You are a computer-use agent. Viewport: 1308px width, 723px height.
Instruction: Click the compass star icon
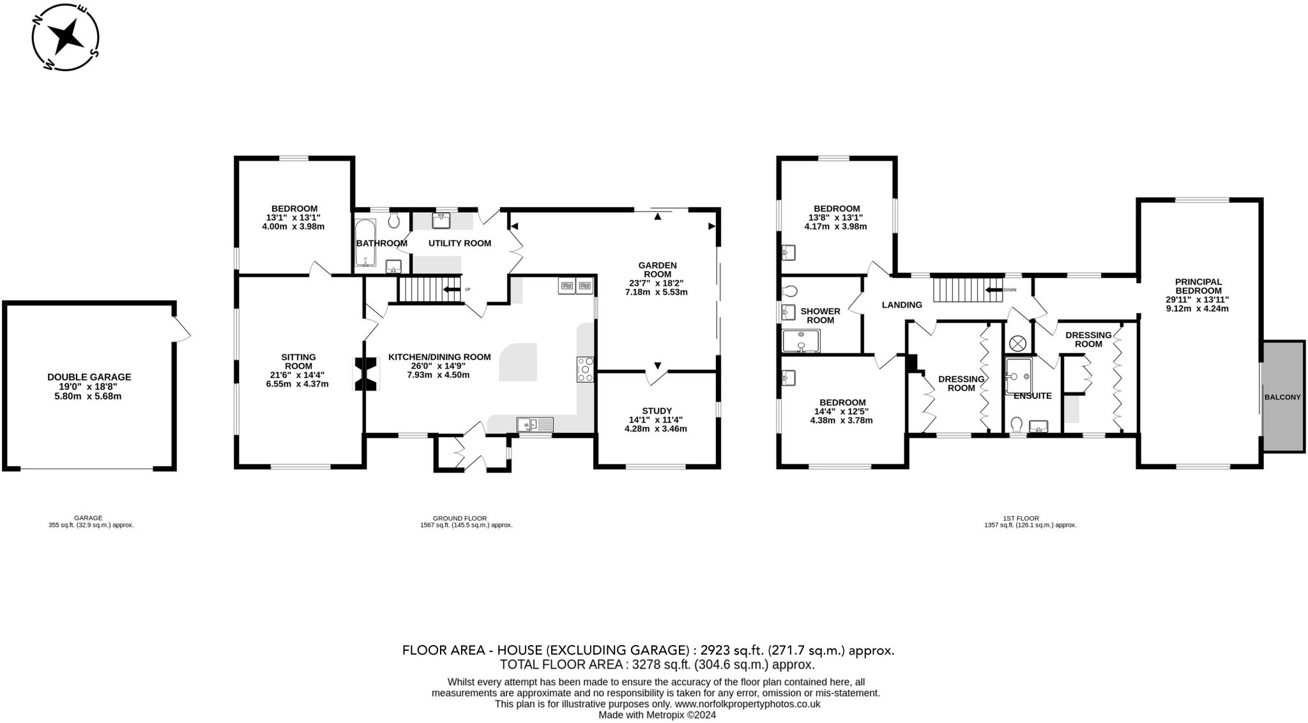coord(66,37)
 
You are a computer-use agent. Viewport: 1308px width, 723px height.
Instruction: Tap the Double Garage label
coord(89,377)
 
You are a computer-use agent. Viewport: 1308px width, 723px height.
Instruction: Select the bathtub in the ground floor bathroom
coord(367,243)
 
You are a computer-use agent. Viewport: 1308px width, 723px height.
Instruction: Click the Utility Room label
coord(459,243)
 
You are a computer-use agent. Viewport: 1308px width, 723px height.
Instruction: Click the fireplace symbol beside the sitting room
coord(367,373)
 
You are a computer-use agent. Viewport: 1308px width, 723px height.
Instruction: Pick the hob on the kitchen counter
coord(585,369)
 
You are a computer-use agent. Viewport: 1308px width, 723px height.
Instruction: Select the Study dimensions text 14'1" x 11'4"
coord(656,420)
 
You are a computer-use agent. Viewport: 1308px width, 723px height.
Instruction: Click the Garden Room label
coord(657,270)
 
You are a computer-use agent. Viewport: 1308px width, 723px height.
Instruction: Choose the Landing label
coord(902,305)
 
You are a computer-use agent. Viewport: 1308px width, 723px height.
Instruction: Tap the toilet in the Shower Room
coord(790,291)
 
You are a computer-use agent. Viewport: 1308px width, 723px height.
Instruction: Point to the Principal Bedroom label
coord(1198,286)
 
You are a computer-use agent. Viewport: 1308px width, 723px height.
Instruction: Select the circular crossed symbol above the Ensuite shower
coord(1017,343)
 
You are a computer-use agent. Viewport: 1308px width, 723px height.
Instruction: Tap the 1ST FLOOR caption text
coord(1030,518)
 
